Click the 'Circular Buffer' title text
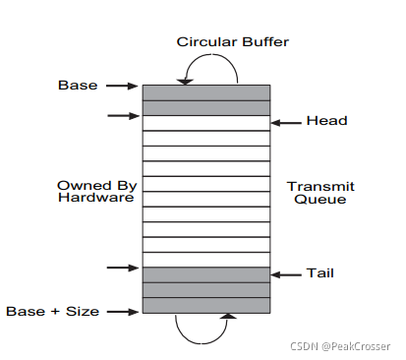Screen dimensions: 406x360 click(x=233, y=42)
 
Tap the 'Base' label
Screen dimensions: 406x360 click(x=78, y=86)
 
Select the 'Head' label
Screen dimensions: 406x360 click(x=326, y=121)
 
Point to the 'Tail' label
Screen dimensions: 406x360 click(x=320, y=273)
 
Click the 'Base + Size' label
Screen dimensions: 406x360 click(x=52, y=311)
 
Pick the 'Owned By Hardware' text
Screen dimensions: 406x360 click(x=96, y=192)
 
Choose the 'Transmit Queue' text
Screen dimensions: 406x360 click(x=320, y=193)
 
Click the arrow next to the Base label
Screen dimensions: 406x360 click(x=122, y=86)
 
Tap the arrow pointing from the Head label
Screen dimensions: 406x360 click(x=286, y=123)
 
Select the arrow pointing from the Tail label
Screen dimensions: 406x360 click(x=286, y=274)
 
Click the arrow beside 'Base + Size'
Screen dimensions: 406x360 click(x=123, y=312)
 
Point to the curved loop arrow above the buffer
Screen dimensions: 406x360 click(x=211, y=55)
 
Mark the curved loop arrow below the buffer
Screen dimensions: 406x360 click(x=202, y=343)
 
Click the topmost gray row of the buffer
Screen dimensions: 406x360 click(x=206, y=92)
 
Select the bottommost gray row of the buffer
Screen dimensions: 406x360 click(x=206, y=305)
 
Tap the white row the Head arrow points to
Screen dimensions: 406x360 click(x=206, y=123)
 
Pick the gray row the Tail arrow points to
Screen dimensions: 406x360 click(x=206, y=274)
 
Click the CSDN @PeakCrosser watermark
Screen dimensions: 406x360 click(x=340, y=346)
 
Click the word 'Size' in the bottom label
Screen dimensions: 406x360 click(x=83, y=311)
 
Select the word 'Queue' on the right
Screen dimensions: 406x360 click(x=320, y=200)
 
